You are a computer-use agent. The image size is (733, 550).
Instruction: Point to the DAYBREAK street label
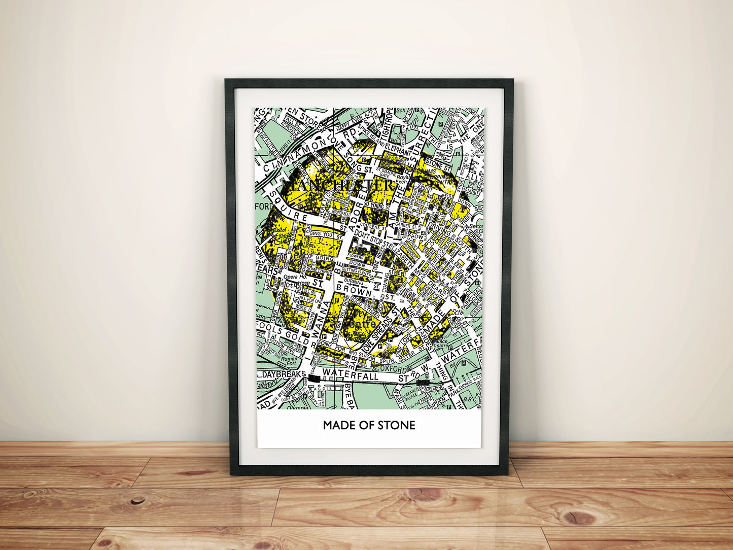(282, 374)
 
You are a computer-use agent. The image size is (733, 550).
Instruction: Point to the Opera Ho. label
(295, 277)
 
